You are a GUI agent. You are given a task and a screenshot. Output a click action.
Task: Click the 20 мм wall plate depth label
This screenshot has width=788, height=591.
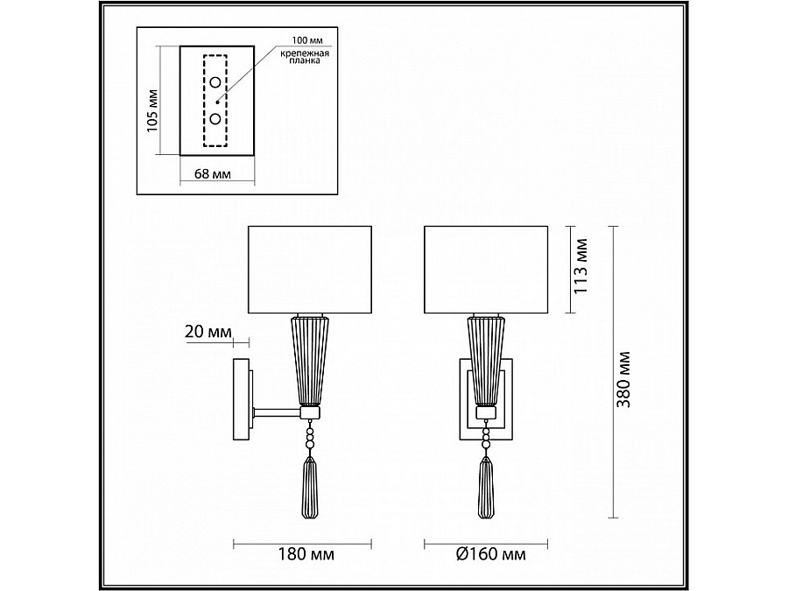(x=208, y=332)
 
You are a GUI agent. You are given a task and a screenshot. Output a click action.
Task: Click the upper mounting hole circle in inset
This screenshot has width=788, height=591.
(x=215, y=83)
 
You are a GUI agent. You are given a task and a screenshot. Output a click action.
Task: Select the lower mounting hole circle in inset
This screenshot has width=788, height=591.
(x=215, y=118)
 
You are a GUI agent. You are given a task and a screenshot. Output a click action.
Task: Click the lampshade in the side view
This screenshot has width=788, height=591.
(x=311, y=270)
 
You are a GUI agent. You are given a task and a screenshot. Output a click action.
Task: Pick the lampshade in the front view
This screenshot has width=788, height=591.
(x=485, y=270)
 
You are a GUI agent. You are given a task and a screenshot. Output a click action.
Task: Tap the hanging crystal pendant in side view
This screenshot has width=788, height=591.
(x=310, y=490)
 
